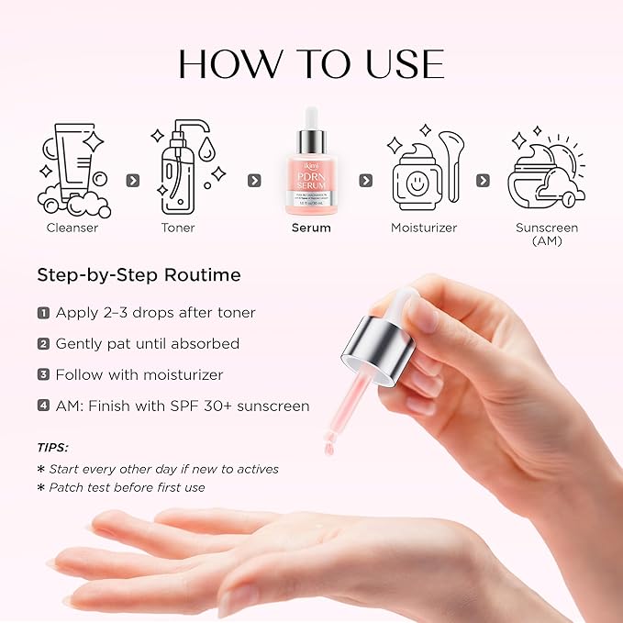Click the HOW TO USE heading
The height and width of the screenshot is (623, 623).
point(311,64)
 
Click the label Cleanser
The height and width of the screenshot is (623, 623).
point(73,228)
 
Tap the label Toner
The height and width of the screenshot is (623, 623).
point(178,228)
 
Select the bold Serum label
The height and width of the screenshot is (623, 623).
point(311,228)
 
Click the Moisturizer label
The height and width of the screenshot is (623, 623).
point(424,228)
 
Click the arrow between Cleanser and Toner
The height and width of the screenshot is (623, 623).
point(132,181)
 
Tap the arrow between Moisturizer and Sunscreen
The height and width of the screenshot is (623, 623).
point(483,181)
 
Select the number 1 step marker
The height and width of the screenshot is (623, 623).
point(43,313)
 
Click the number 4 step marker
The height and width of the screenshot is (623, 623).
point(43,406)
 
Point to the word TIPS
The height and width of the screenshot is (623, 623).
point(52,448)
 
